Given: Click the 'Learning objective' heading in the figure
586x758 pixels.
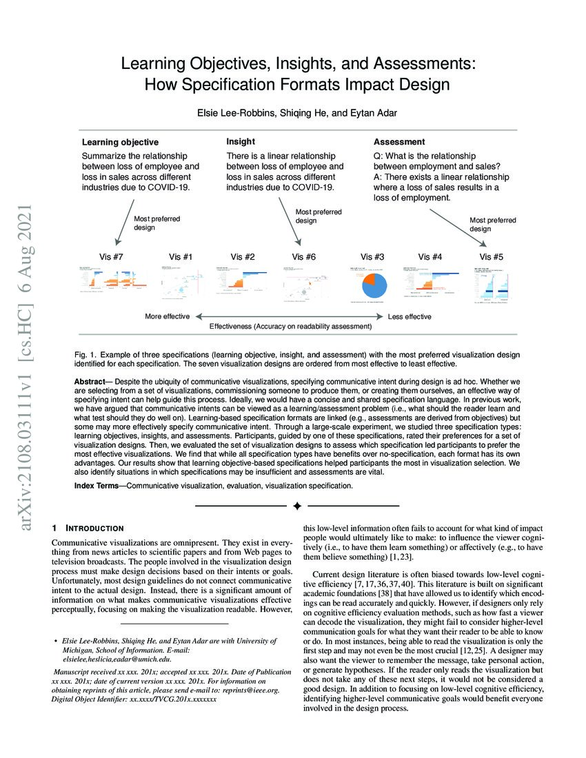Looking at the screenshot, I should [x=121, y=143].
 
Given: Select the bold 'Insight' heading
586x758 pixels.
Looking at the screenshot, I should [x=241, y=141].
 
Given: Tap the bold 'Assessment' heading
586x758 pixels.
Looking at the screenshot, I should [x=399, y=142].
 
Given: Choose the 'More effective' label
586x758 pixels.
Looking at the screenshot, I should [x=168, y=316].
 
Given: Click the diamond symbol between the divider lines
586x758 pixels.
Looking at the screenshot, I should [x=296, y=506].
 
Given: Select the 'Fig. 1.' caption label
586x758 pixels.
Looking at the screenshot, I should [x=84, y=354].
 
